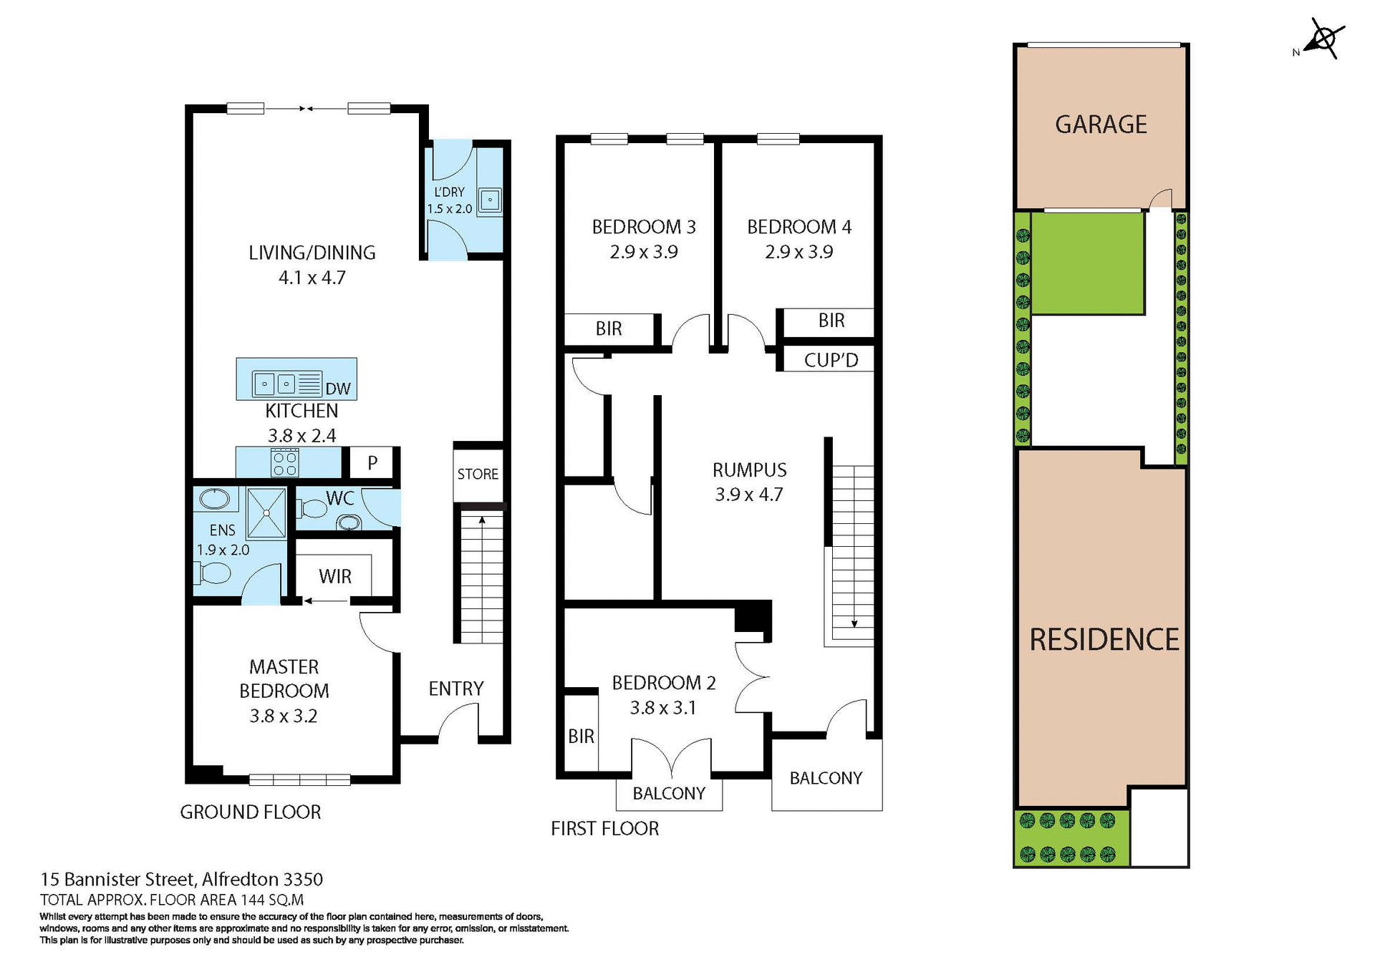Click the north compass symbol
coord(1324,39)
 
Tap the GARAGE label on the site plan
coord(1101,125)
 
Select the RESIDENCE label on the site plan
coord(1104,640)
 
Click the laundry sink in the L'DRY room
coord(490,200)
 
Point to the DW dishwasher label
coord(338,389)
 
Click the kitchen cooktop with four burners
coord(284,462)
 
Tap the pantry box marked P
coord(372,463)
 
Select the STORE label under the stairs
coord(478,474)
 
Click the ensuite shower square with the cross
coord(266,512)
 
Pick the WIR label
coord(335,576)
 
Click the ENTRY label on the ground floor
coord(456,689)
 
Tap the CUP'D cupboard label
coord(831,360)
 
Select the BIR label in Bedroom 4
coord(831,321)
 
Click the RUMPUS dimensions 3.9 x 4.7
coord(749,495)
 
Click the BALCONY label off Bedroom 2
coord(669,793)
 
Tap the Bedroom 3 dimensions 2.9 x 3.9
coord(644,252)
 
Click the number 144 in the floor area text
coord(253,900)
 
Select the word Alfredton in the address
coord(240,879)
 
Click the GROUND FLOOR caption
coord(250,812)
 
